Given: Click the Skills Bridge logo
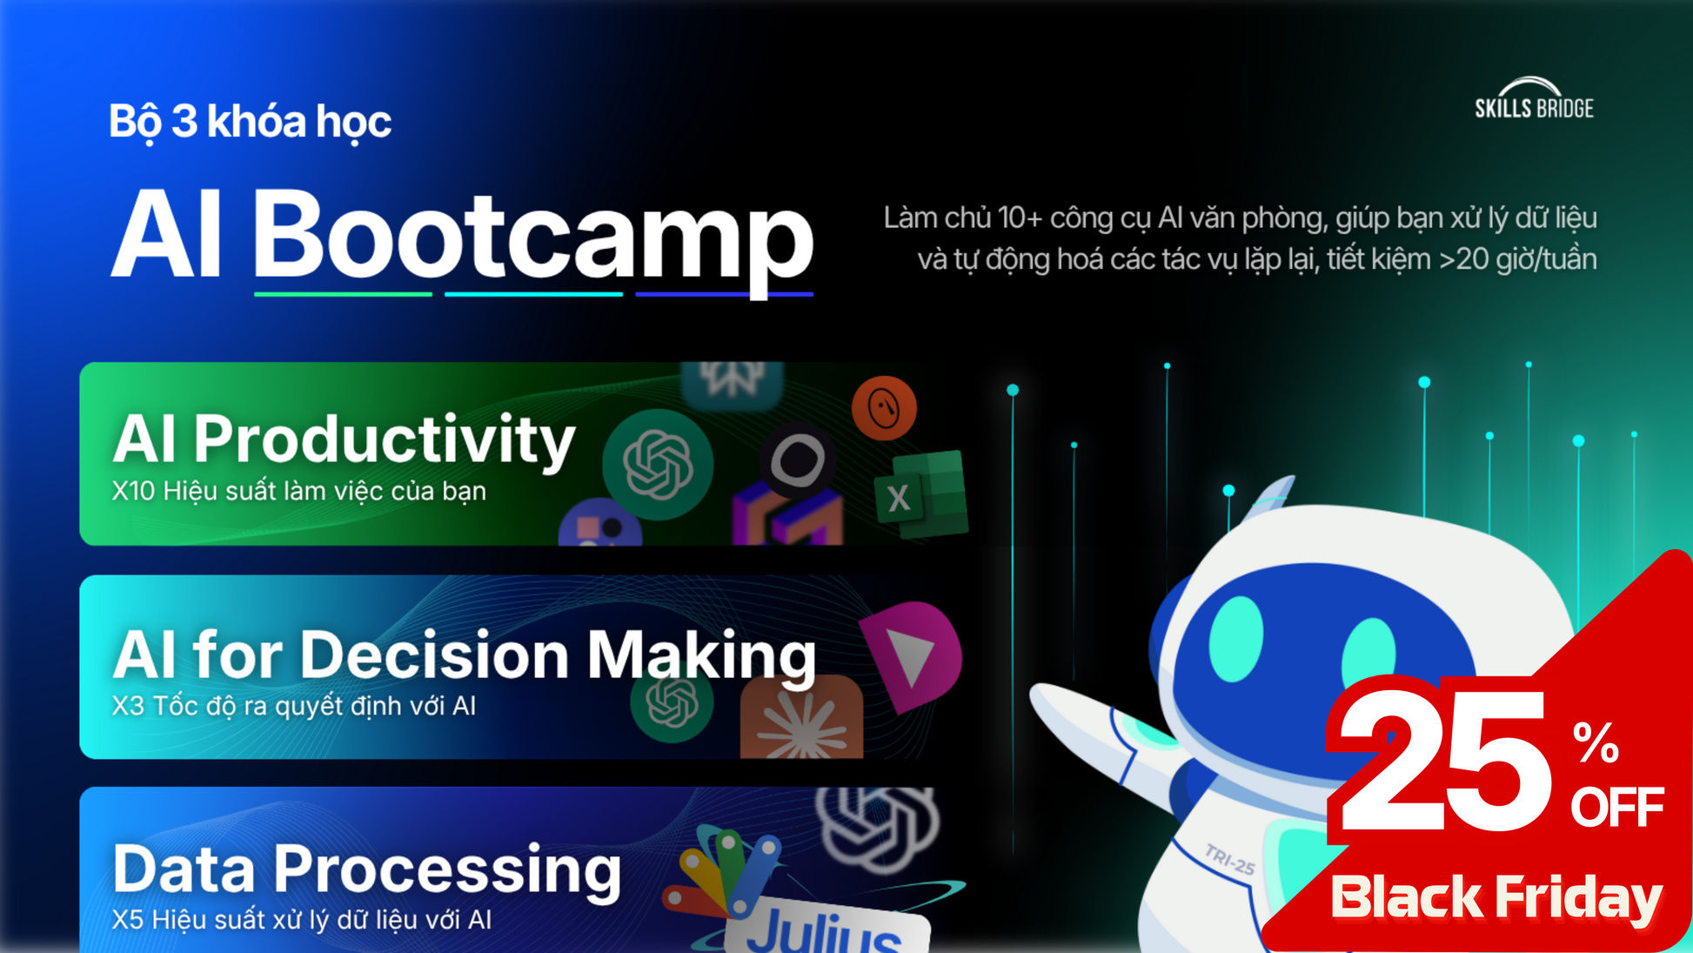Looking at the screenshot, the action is click(x=1534, y=97).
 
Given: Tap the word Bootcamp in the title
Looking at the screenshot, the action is click(x=532, y=237).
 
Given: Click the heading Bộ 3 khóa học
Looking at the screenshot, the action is click(x=250, y=122).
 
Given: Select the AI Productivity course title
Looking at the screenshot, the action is click(x=344, y=440).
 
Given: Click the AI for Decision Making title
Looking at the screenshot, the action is click(x=465, y=654).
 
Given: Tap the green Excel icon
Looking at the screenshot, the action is click(x=921, y=494).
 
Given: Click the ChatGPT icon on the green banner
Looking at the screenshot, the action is click(x=658, y=464).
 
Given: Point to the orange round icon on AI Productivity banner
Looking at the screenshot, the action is click(x=884, y=408).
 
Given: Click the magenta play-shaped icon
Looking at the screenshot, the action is click(x=911, y=654).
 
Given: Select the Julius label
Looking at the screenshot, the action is click(x=824, y=928).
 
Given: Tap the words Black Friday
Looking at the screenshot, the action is click(x=1496, y=898).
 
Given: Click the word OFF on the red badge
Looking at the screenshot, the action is click(x=1617, y=808).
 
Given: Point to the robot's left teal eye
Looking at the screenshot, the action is click(x=1235, y=641).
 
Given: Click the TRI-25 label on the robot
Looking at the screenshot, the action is click(x=1230, y=859).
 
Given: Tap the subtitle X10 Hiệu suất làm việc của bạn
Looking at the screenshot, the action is click(x=298, y=492).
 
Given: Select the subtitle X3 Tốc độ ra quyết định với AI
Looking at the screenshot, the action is click(x=294, y=706).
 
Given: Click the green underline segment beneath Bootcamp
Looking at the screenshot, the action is click(x=343, y=294).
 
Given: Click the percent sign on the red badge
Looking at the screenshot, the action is click(x=1596, y=742).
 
